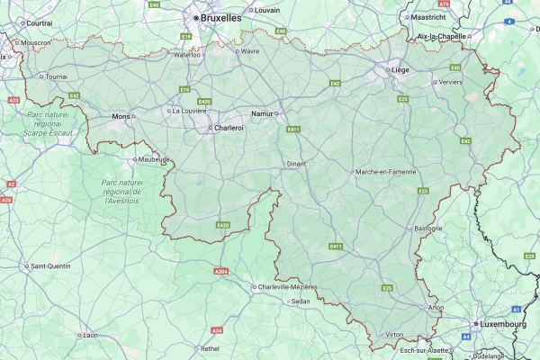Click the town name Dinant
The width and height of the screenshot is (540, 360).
[297, 165]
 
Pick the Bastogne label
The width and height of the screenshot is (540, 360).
[428, 228]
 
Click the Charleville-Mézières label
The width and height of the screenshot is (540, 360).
[287, 286]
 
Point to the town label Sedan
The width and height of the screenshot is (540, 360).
[301, 301]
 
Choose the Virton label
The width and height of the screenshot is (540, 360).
[394, 334]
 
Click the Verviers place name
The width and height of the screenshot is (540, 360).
[452, 81]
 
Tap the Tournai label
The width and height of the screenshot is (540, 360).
[56, 76]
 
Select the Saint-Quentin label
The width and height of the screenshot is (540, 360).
[51, 265]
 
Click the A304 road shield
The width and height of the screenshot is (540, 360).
[220, 271]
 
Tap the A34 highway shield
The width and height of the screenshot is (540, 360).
[216, 329]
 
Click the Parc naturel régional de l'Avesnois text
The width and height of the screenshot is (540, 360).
[117, 191]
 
